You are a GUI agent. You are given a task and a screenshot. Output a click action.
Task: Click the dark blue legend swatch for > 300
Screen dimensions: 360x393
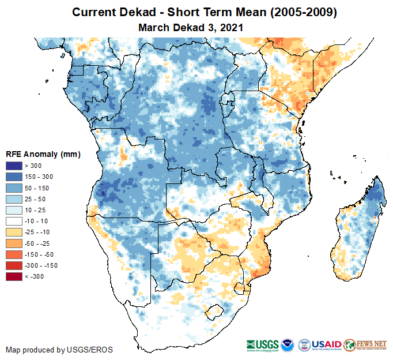click(x=14, y=166)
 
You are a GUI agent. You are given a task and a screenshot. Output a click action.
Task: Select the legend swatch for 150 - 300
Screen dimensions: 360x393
click(x=14, y=177)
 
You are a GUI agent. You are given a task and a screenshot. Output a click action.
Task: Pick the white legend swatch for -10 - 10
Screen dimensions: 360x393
click(x=14, y=221)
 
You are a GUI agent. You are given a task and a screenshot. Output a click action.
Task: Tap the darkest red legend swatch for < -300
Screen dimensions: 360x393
click(x=14, y=276)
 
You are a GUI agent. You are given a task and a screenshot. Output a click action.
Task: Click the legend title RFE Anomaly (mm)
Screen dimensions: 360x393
click(x=43, y=155)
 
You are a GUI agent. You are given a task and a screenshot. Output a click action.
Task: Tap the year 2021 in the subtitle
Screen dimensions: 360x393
click(x=230, y=27)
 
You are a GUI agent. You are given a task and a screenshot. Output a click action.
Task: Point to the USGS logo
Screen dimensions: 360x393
click(x=264, y=344)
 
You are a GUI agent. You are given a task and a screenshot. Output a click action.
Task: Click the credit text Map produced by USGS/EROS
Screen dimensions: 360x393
click(x=59, y=350)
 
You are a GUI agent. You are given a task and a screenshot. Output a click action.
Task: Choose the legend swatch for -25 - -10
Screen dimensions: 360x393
click(x=14, y=232)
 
